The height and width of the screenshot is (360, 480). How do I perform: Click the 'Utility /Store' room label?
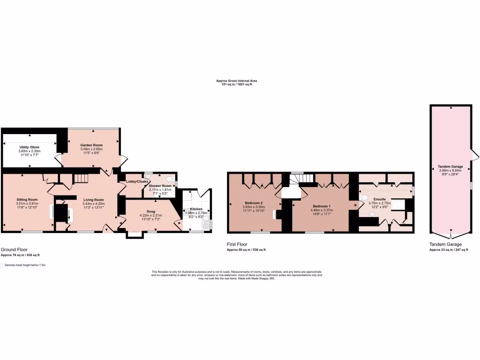point(30,147)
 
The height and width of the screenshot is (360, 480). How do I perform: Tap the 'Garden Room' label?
point(91,145)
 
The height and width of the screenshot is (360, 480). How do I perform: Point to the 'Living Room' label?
point(93,200)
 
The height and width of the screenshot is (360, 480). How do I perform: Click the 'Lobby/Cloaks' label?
point(137,181)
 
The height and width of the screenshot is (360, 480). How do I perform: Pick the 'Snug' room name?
point(150,211)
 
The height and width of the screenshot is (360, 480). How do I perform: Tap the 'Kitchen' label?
point(196,209)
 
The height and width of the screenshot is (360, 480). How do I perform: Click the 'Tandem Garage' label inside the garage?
point(450,166)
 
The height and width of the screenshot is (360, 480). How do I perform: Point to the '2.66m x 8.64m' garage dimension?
point(450,171)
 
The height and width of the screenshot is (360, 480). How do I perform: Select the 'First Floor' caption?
point(237,244)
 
